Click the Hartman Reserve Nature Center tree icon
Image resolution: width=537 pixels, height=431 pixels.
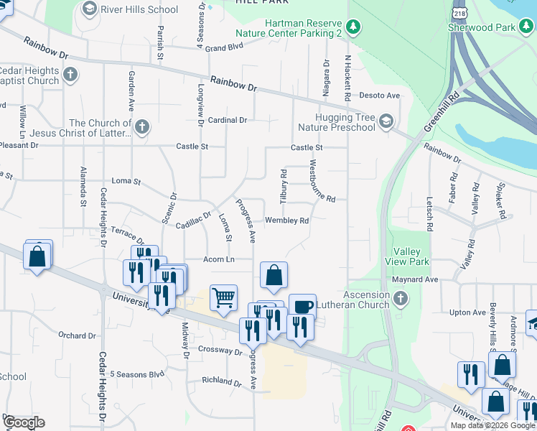pos(352,28)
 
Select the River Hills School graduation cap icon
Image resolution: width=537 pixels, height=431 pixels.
pos(90,9)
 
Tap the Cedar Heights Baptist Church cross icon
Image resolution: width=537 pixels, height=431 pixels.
pos(70,74)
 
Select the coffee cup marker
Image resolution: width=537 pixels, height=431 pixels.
pos(302,306)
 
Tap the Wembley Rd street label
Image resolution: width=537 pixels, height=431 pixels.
pos(287,221)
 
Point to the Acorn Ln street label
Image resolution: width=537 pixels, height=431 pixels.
pos(220,259)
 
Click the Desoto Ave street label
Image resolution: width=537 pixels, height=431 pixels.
pos(379,96)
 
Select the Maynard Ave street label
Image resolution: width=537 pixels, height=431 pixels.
pos(415,279)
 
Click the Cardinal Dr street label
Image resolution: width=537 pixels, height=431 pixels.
pos(228,120)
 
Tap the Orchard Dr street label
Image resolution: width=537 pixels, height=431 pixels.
pos(77,335)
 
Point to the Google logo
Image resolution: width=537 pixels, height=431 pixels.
pos(24,422)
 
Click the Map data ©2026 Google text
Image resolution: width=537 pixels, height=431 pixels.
pos(492,425)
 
